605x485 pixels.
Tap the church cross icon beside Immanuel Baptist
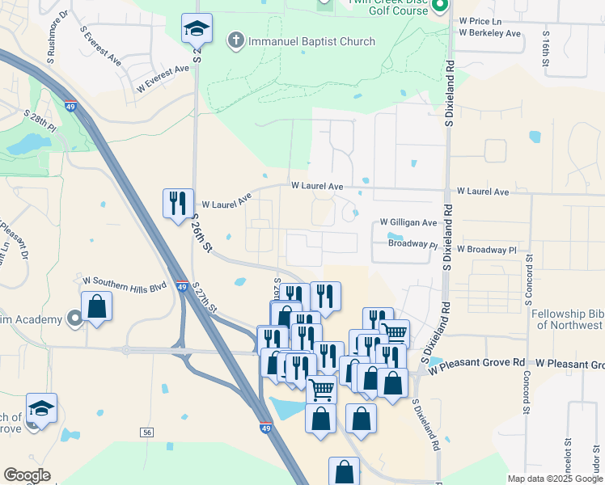tap(236, 40)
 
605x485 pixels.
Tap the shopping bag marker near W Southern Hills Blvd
tap(97, 307)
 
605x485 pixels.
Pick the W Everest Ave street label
tap(163, 81)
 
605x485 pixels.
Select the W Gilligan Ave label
tap(408, 222)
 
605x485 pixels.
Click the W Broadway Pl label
tap(486, 251)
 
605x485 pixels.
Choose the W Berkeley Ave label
tap(489, 33)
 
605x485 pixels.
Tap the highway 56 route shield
tap(146, 433)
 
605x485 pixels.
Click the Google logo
tap(27, 475)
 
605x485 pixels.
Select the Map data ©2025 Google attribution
tap(555, 479)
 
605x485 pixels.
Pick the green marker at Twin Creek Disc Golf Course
tap(440, 6)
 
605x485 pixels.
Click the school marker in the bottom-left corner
tap(41, 408)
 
